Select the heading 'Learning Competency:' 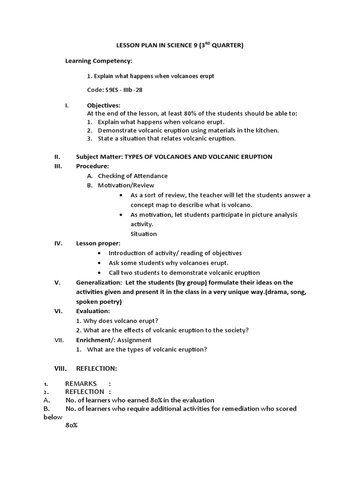click(x=98, y=61)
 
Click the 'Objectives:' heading click(x=104, y=105)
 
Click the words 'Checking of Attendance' click(x=133, y=176)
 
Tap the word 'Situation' click(x=143, y=234)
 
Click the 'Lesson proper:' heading click(x=98, y=243)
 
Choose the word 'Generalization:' click(x=97, y=282)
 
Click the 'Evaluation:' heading click(x=93, y=311)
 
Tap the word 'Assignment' click(x=135, y=340)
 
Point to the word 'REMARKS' click(x=81, y=383)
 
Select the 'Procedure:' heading click(x=92, y=166)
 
